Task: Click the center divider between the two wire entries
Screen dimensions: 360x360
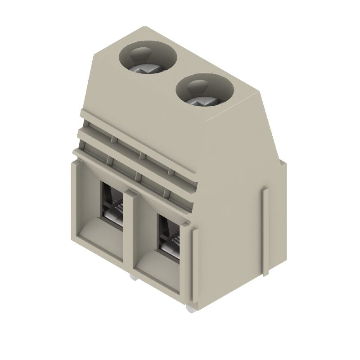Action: pos(130,229)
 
